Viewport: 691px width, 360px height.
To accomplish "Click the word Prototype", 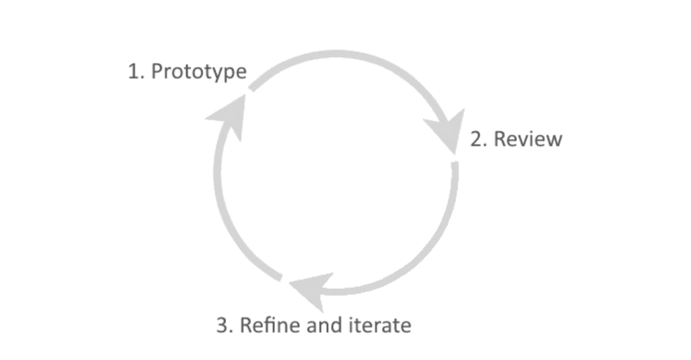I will coord(199,72).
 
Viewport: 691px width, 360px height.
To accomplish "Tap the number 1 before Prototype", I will coord(132,72).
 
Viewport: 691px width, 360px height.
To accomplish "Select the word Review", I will coord(528,139).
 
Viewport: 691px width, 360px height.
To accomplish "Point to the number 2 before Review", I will coord(476,139).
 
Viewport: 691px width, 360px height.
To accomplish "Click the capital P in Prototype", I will coord(157,72).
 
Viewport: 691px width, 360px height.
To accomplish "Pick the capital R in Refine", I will coord(245,325).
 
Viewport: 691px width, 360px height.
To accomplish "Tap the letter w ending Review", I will coord(554,139).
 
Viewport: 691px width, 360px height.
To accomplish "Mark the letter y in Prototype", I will coord(217,73).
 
